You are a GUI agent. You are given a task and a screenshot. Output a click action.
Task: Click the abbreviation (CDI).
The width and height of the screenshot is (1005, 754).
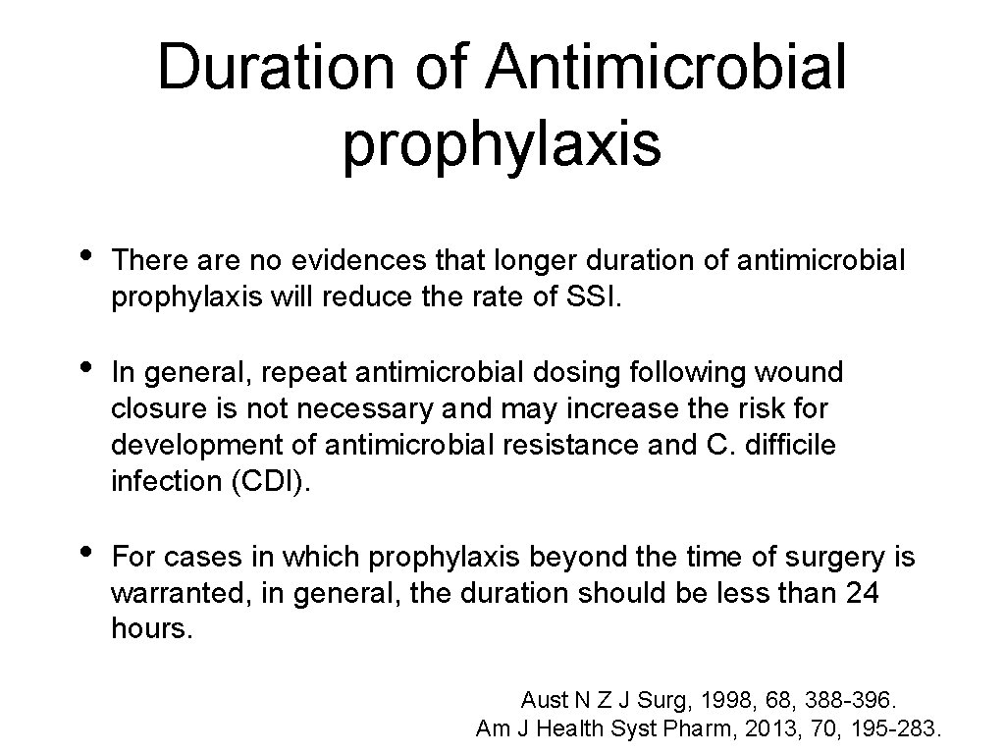coord(270,481)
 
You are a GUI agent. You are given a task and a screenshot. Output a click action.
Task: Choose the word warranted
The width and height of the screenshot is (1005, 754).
coord(181,594)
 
